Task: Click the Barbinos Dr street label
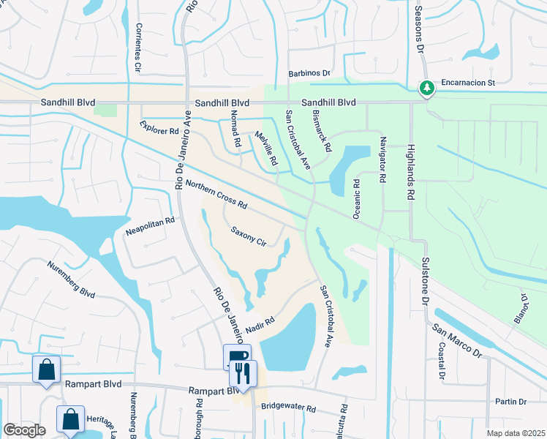[x=309, y=73]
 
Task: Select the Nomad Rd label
[x=235, y=132]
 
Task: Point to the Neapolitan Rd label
[x=150, y=225]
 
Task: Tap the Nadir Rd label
[x=260, y=322]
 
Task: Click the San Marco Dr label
[x=458, y=341]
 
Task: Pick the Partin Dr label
[x=510, y=402]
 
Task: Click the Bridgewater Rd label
[x=288, y=406]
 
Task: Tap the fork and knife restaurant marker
[x=243, y=372]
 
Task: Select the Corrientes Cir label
[x=137, y=48]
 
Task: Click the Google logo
[x=24, y=430]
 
